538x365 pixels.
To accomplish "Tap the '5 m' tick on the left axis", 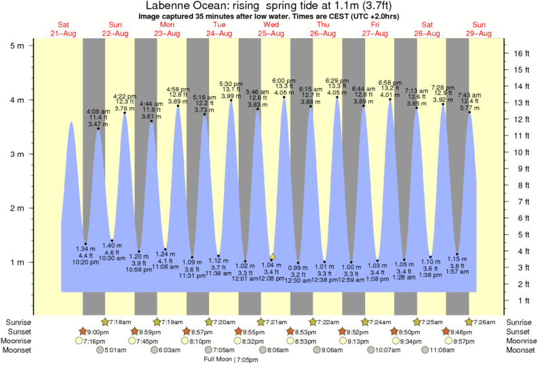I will [16, 45].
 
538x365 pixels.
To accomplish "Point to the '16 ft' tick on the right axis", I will [521, 52].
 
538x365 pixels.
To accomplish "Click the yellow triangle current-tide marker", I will [273, 256].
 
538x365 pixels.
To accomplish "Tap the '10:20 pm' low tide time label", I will [84, 261].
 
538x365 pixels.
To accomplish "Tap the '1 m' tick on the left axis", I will [16, 262].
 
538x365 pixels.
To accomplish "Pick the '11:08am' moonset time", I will [438, 350].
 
